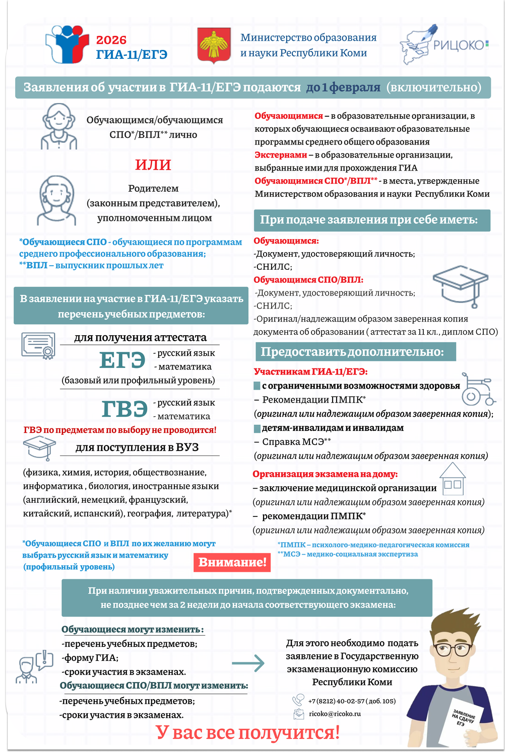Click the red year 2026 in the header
[x=111, y=40]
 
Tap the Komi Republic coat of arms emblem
[x=214, y=46]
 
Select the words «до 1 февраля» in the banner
[x=343, y=88]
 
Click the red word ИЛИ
[x=153, y=165]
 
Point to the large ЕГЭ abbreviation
[x=122, y=360]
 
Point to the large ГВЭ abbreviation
[x=124, y=409]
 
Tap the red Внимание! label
[x=232, y=562]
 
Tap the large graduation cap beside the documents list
[x=460, y=284]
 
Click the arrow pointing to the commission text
[x=248, y=663]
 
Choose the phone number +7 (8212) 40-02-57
[x=352, y=701]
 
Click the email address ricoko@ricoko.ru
[x=335, y=714]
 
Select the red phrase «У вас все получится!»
[x=248, y=732]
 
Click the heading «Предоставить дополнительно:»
[x=352, y=352]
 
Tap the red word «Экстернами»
[x=281, y=155]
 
